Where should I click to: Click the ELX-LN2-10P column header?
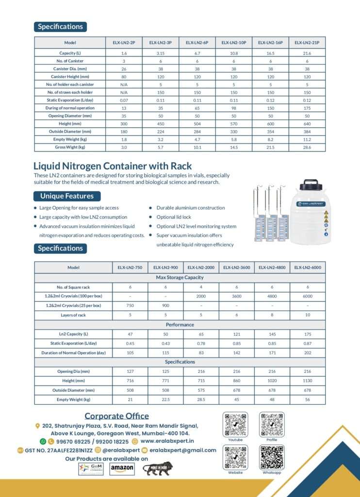coord(234,43)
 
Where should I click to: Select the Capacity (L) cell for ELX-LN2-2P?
coord(124,52)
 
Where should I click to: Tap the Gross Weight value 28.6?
coord(307,147)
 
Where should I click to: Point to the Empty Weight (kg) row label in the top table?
coord(70,139)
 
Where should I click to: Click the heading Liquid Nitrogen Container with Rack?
coord(113,166)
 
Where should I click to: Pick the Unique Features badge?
coord(67,196)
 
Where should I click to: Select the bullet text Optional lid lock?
coord(174,217)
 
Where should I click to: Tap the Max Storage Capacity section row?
coord(180,277)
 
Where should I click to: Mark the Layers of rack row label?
coord(74,315)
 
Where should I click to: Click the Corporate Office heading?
coord(116,416)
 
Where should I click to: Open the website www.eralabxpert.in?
coord(167,441)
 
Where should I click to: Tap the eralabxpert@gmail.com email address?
coord(182,450)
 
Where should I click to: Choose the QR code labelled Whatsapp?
coord(272,457)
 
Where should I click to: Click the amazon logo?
coord(122,468)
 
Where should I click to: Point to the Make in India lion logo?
coord(156,468)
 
